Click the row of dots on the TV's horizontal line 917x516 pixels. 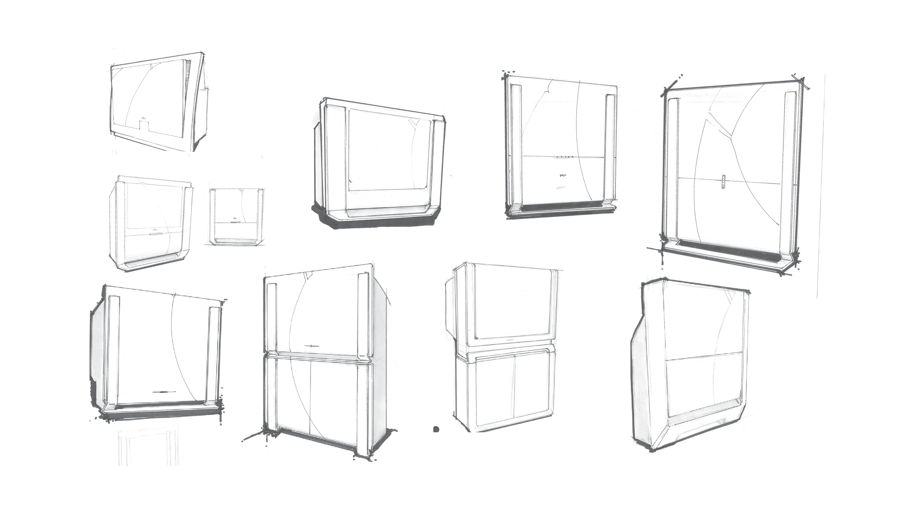pyautogui.click(x=565, y=157)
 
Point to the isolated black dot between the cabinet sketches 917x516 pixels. pyautogui.click(x=436, y=429)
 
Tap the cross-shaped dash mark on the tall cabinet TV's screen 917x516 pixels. pyautogui.click(x=310, y=346)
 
